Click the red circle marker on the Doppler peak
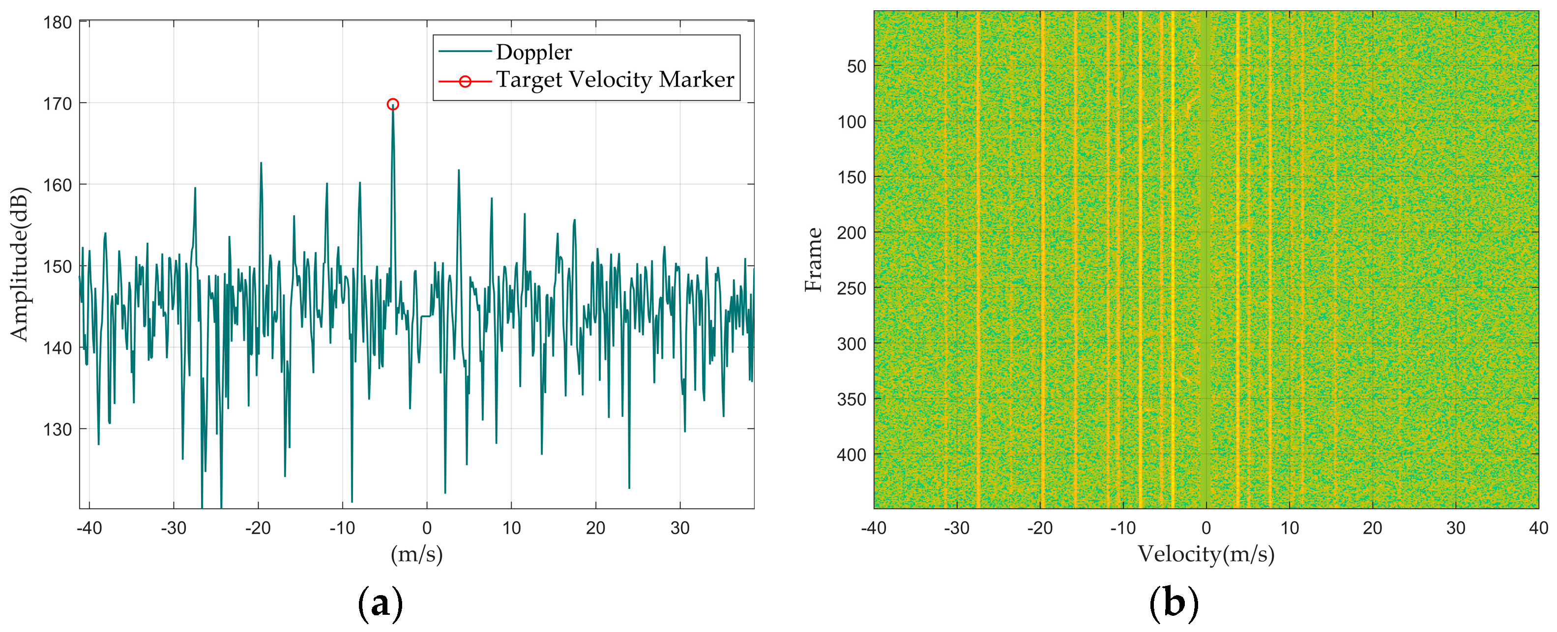pos(392,105)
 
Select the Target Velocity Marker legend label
pos(615,80)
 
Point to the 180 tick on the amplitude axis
pos(58,23)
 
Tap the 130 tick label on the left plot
pos(58,430)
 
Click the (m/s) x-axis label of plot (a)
pos(416,553)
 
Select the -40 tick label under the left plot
pos(89,528)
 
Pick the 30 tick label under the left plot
pos(680,528)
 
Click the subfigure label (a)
pos(380,603)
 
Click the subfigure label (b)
pos(1173,603)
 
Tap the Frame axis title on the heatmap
pos(814,260)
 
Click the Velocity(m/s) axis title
pos(1206,553)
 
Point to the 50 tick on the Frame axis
pos(856,66)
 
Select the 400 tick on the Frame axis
pos(851,455)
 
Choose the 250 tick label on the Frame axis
pos(851,288)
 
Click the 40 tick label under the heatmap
pos(1538,528)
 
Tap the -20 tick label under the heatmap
pos(1040,528)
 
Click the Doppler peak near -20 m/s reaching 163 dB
pos(261,163)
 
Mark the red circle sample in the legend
pos(465,81)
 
